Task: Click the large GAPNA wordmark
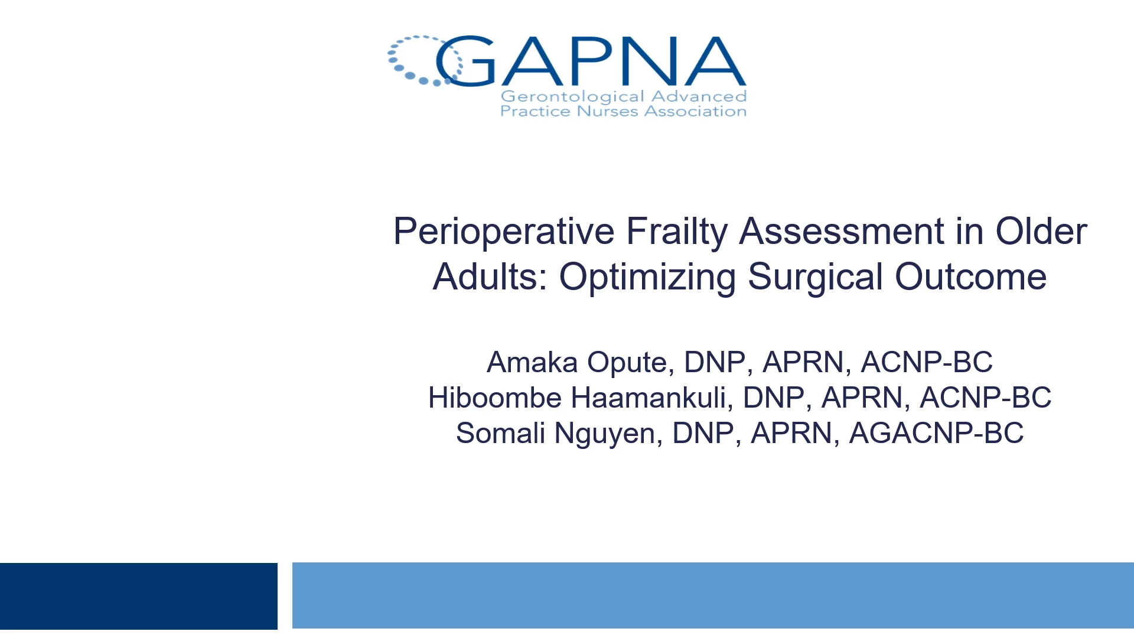[x=591, y=61]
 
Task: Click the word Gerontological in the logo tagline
[x=572, y=97]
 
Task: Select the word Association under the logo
[x=695, y=112]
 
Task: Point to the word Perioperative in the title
[x=504, y=232]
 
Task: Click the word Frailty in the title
[x=677, y=232]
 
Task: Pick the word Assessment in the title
[x=842, y=231]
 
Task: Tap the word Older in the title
[x=1041, y=231]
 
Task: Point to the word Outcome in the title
[x=970, y=277]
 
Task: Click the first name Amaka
[x=532, y=362]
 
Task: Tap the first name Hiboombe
[x=494, y=398]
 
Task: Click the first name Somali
[x=500, y=433]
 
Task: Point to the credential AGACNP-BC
[x=936, y=433]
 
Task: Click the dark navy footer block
[x=139, y=595]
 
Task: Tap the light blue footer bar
[x=713, y=595]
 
